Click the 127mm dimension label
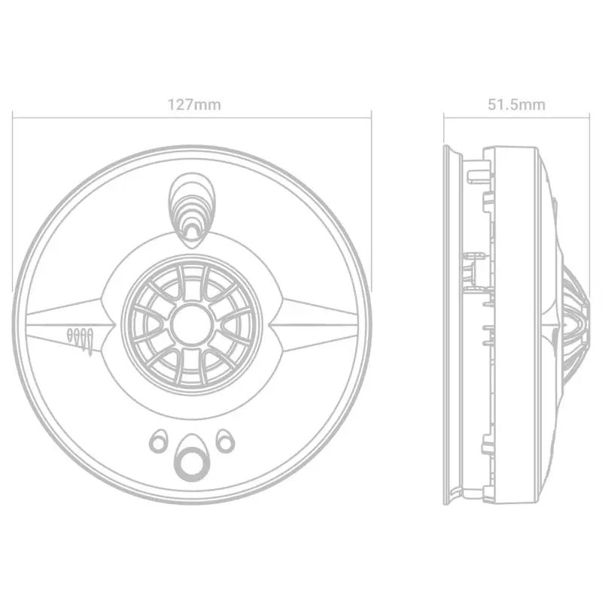click(194, 105)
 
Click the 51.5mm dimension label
click(516, 105)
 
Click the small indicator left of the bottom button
click(158, 442)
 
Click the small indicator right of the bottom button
click(225, 442)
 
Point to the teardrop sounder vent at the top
click(192, 210)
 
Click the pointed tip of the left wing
click(114, 325)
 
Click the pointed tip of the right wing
click(269, 325)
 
